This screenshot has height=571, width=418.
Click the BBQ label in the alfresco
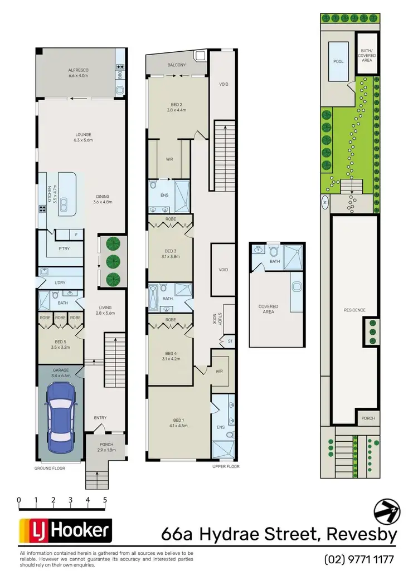[x=119, y=76]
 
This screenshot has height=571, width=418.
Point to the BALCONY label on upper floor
[x=176, y=65]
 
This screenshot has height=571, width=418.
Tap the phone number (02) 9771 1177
[x=359, y=558]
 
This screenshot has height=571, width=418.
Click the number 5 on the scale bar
[x=105, y=500]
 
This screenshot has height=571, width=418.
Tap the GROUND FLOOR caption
[x=50, y=468]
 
